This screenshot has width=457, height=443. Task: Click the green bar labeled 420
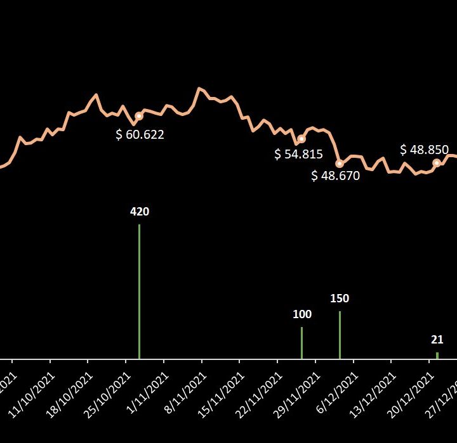[x=139, y=292]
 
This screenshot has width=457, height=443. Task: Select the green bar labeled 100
[x=301, y=343]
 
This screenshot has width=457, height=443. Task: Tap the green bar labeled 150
[x=340, y=335]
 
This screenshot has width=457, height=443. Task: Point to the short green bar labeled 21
[x=437, y=356]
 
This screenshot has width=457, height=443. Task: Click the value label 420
[x=139, y=212]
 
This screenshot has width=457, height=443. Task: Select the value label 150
[x=340, y=299]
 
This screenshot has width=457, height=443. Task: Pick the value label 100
[x=302, y=314]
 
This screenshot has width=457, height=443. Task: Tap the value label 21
[x=437, y=340]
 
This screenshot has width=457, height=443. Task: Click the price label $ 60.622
[x=140, y=134]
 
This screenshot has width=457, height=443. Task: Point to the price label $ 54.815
[x=298, y=154]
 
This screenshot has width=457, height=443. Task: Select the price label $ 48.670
[x=335, y=176]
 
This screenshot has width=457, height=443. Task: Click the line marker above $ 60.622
[x=139, y=115]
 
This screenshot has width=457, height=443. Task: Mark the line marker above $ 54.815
[x=301, y=139]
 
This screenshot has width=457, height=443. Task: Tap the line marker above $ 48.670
[x=340, y=164]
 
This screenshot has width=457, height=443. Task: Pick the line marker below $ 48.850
[x=437, y=163]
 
